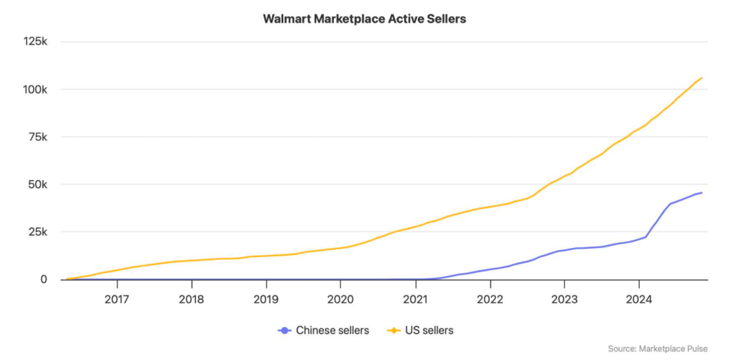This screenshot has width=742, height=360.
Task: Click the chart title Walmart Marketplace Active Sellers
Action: click(364, 19)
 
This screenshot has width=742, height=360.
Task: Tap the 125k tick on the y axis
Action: click(34, 42)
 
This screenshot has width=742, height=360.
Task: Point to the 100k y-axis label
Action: click(34, 89)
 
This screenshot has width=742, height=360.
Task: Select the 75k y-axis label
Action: click(37, 137)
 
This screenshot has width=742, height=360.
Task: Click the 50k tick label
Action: click(37, 184)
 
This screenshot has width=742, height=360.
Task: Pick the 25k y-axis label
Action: click(37, 232)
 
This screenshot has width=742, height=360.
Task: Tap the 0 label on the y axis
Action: click(43, 279)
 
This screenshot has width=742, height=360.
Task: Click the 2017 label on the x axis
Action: click(117, 299)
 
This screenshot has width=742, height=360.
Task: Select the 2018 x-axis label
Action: click(192, 299)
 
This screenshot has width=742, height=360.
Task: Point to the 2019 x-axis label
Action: click(266, 299)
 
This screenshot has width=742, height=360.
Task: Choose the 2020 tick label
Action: click(341, 299)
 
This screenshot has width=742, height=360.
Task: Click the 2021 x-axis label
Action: click(415, 299)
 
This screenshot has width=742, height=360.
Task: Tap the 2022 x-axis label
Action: click(490, 299)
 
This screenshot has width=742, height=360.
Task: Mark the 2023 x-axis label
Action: click(564, 299)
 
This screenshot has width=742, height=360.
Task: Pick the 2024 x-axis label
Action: click(639, 299)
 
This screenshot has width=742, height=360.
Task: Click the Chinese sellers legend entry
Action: click(324, 330)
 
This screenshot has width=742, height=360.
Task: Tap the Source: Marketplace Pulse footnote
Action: click(657, 349)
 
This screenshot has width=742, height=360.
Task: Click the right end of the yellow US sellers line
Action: click(701, 78)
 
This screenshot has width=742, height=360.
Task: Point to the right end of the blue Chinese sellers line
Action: click(701, 192)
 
